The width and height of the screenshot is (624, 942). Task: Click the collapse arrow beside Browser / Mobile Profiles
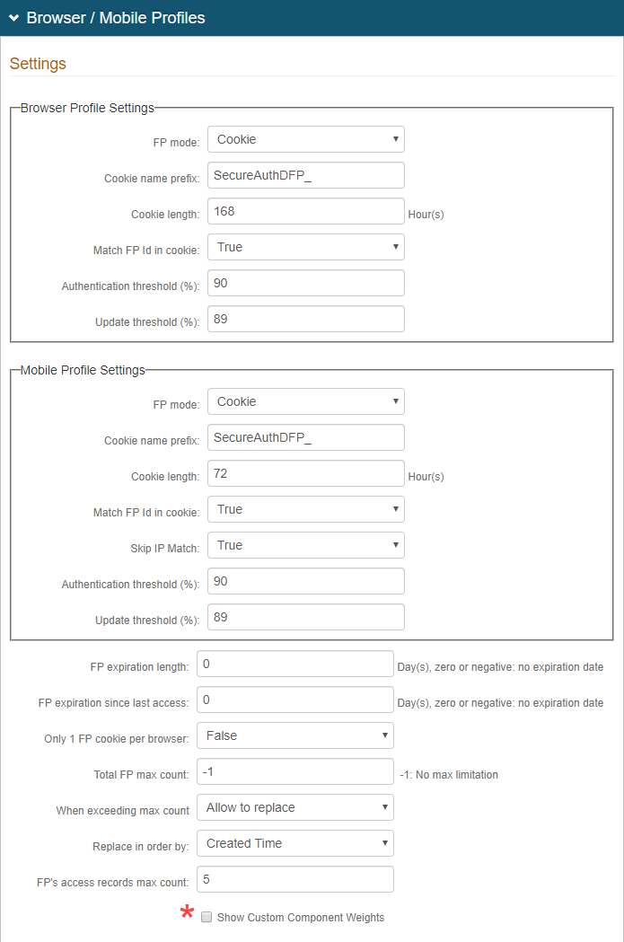[x=13, y=18]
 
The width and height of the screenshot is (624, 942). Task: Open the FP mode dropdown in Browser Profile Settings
[x=305, y=139]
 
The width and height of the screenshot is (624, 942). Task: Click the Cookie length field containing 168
[x=305, y=211]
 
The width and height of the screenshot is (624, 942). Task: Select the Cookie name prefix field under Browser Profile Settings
[x=305, y=175]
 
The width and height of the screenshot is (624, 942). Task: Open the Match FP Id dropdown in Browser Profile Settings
[x=305, y=247]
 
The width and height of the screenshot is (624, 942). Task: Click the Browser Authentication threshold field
[x=305, y=283]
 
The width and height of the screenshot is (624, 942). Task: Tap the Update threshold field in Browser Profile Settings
[x=305, y=319]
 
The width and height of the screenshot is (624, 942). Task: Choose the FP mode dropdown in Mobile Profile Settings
[x=305, y=401]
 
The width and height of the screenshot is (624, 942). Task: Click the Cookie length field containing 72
[x=305, y=473]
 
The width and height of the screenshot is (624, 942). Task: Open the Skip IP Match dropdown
[x=305, y=545]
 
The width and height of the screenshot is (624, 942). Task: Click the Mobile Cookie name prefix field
[x=305, y=437]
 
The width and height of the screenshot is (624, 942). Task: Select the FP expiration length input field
[x=294, y=664]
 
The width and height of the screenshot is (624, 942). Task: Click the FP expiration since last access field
[x=294, y=700]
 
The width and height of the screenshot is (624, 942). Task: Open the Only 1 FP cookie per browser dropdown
[x=294, y=735]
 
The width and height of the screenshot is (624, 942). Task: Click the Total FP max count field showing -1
[x=294, y=771]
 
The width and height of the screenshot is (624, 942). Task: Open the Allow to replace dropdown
[x=294, y=807]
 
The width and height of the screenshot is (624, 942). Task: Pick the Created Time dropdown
[x=294, y=843]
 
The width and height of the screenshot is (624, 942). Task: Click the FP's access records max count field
[x=294, y=879]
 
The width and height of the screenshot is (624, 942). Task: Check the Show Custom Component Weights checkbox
[x=207, y=918]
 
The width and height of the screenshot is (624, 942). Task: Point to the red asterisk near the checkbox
[x=187, y=914]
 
